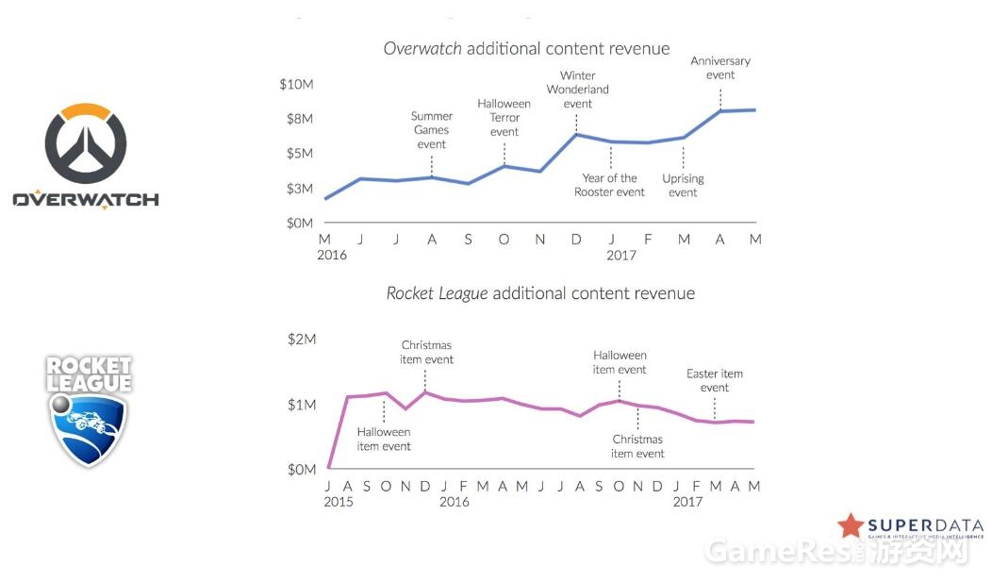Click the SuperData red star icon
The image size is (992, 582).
click(x=851, y=526)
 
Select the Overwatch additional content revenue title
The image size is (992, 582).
click(x=526, y=49)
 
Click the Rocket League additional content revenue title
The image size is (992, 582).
click(x=540, y=293)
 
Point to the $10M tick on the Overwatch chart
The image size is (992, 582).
click(x=296, y=85)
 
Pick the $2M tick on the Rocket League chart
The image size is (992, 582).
click(x=302, y=340)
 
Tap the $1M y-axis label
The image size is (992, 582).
click(x=302, y=405)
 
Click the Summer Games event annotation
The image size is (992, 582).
click(x=432, y=130)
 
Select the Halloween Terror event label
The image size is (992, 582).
click(x=504, y=118)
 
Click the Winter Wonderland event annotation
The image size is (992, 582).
click(x=577, y=90)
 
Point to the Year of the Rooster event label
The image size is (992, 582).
click(x=609, y=185)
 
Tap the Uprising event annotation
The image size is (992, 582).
click(x=683, y=186)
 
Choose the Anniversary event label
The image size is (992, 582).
click(x=720, y=68)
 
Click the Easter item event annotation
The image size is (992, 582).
click(x=714, y=380)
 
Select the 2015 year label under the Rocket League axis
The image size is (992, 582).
click(x=338, y=502)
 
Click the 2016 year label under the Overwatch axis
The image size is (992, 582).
click(x=331, y=255)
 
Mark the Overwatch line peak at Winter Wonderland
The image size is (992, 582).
click(x=576, y=134)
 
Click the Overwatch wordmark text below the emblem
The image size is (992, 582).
click(x=86, y=200)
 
